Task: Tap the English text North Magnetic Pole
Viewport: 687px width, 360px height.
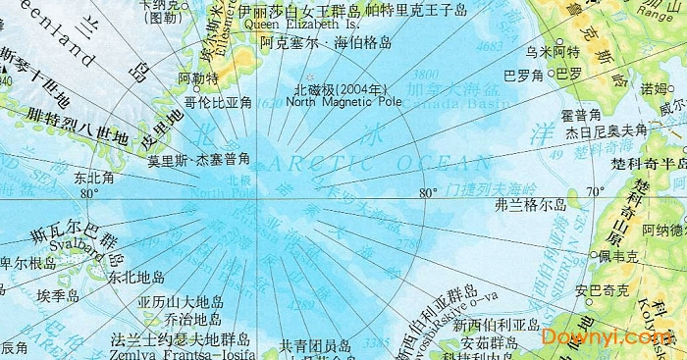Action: (344, 101)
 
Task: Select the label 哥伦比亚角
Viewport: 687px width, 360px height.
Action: (218, 101)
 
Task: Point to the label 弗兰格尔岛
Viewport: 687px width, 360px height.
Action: (531, 205)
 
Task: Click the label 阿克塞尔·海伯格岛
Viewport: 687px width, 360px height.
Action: (327, 43)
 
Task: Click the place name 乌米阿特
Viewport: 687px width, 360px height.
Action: (552, 51)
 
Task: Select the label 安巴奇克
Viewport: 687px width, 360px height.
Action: (602, 291)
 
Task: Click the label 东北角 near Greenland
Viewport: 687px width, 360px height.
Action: (94, 180)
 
